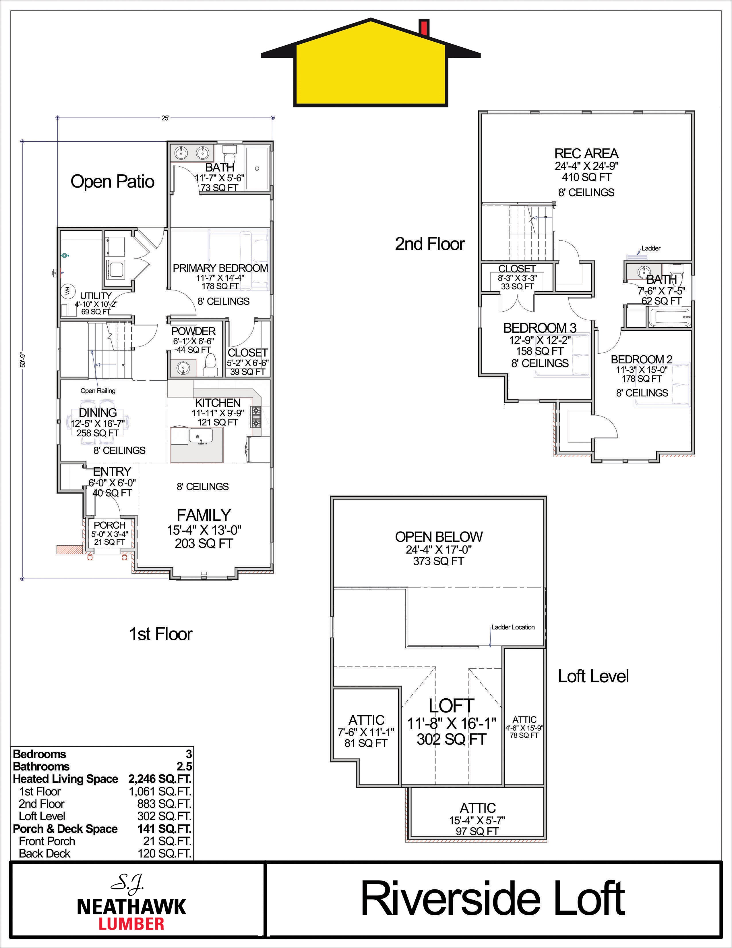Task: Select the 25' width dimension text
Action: pos(165,118)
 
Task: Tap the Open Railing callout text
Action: pos(98,391)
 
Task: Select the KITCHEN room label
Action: pos(218,402)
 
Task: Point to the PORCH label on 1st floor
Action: pos(109,525)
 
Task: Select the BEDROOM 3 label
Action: pos(540,328)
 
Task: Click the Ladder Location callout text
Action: pos(513,627)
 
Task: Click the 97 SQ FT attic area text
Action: pos(477,831)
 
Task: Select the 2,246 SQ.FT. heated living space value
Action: pos(160,779)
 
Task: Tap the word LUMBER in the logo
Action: pos(131,924)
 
